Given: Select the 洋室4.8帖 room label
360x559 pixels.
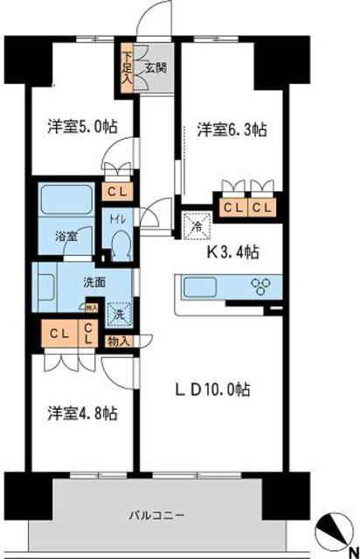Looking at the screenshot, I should point(83,412).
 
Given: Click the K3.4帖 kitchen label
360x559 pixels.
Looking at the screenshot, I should point(232,253).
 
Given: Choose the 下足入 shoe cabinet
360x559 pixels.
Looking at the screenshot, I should point(128,66).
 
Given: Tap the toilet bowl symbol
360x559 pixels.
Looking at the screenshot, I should point(120,243).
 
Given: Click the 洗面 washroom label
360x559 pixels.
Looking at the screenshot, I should point(94,282).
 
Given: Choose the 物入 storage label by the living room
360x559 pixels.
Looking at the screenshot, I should point(118,341).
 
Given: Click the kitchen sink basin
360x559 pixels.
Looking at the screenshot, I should point(203,287).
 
